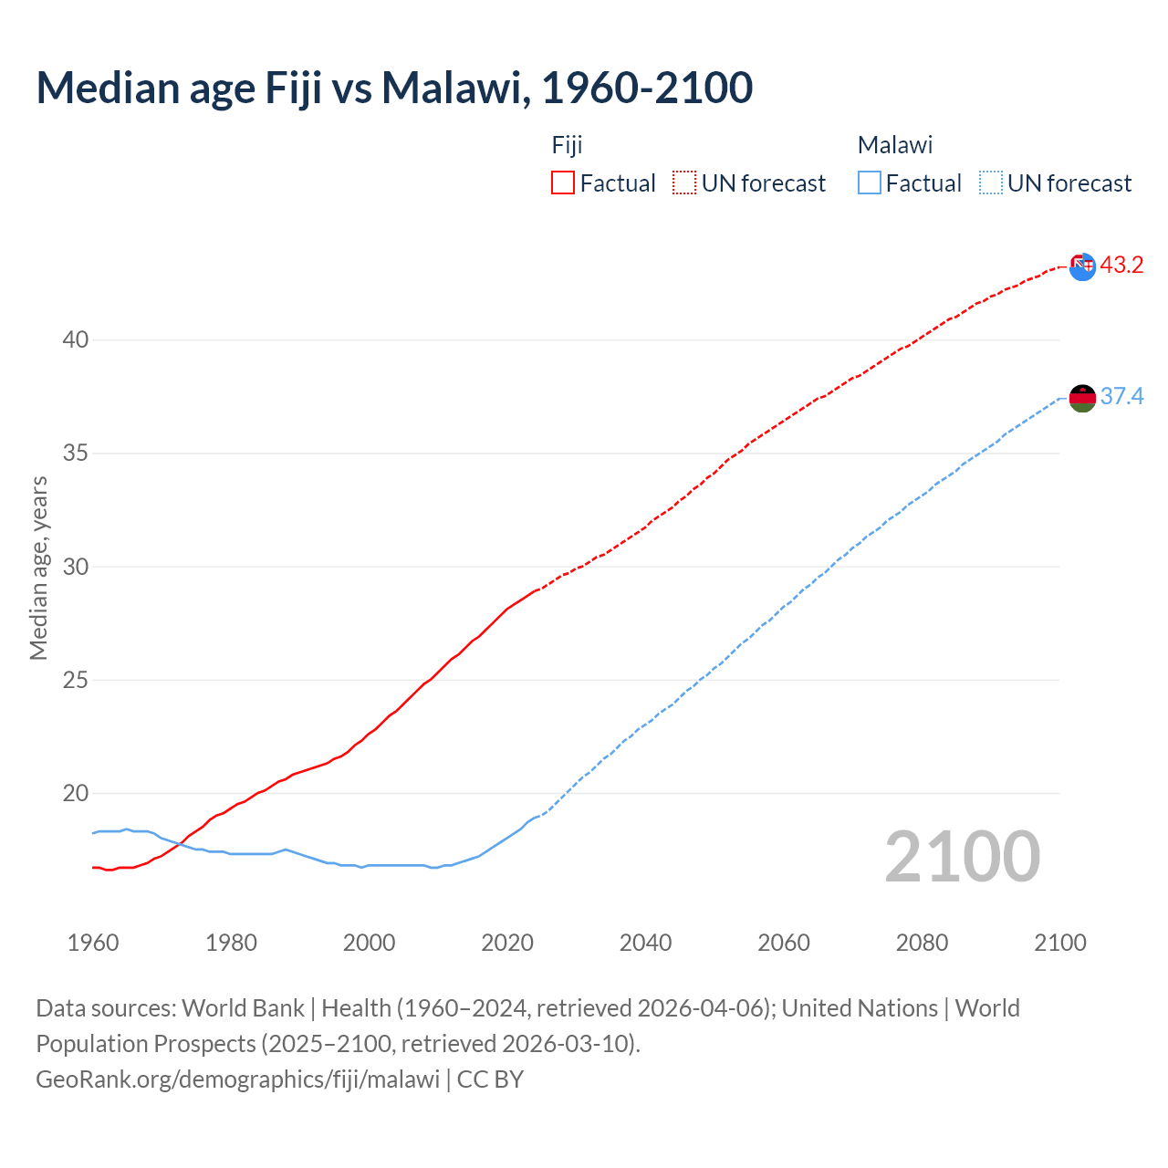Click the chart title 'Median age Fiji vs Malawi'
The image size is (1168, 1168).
pyautogui.click(x=394, y=88)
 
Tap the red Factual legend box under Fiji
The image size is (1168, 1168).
pyautogui.click(x=563, y=182)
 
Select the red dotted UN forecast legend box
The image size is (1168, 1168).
pyautogui.click(x=684, y=182)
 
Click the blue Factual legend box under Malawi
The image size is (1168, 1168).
pyautogui.click(x=870, y=182)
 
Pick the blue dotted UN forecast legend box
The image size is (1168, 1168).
pyautogui.click(x=991, y=182)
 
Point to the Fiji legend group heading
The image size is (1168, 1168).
pyautogui.click(x=567, y=145)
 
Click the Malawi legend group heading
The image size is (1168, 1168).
pyautogui.click(x=894, y=145)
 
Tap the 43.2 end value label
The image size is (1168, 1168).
pyautogui.click(x=1121, y=266)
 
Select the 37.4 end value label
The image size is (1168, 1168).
pyautogui.click(x=1121, y=396)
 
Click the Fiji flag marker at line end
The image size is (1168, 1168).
pyautogui.click(x=1082, y=266)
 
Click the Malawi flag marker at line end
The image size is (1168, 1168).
pyautogui.click(x=1082, y=398)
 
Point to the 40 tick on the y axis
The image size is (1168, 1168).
pyautogui.click(x=76, y=340)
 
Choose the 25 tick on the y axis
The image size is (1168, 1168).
pyautogui.click(x=76, y=681)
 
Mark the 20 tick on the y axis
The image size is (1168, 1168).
pyautogui.click(x=76, y=794)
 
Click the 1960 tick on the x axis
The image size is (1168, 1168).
pyautogui.click(x=93, y=943)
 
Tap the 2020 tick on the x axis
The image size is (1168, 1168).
pyautogui.click(x=507, y=943)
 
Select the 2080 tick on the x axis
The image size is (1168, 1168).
pyautogui.click(x=922, y=943)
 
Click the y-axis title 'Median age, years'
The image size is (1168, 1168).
pyautogui.click(x=38, y=568)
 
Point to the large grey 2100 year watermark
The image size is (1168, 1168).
pyautogui.click(x=963, y=857)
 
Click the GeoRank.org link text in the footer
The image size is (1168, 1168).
pyautogui.click(x=237, y=1079)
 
